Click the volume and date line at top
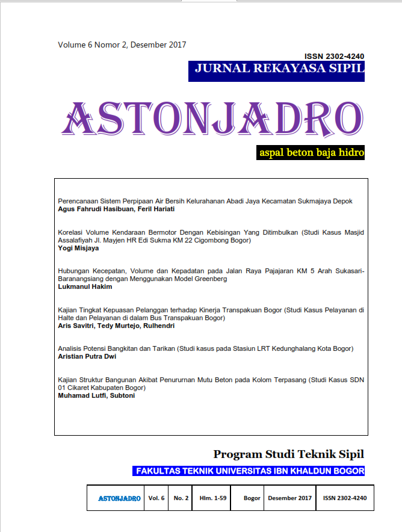(122, 45)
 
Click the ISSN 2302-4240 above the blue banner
(334, 56)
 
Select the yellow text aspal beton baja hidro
(311, 153)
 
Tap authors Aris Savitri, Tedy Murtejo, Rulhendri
(115, 326)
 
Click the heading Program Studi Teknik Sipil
(288, 454)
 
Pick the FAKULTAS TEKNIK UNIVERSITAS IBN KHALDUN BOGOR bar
(249, 471)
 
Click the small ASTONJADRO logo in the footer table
(119, 498)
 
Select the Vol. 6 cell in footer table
(156, 498)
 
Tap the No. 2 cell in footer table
(181, 498)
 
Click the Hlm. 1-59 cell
(214, 498)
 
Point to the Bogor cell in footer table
(252, 498)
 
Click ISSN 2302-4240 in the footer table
(344, 498)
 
